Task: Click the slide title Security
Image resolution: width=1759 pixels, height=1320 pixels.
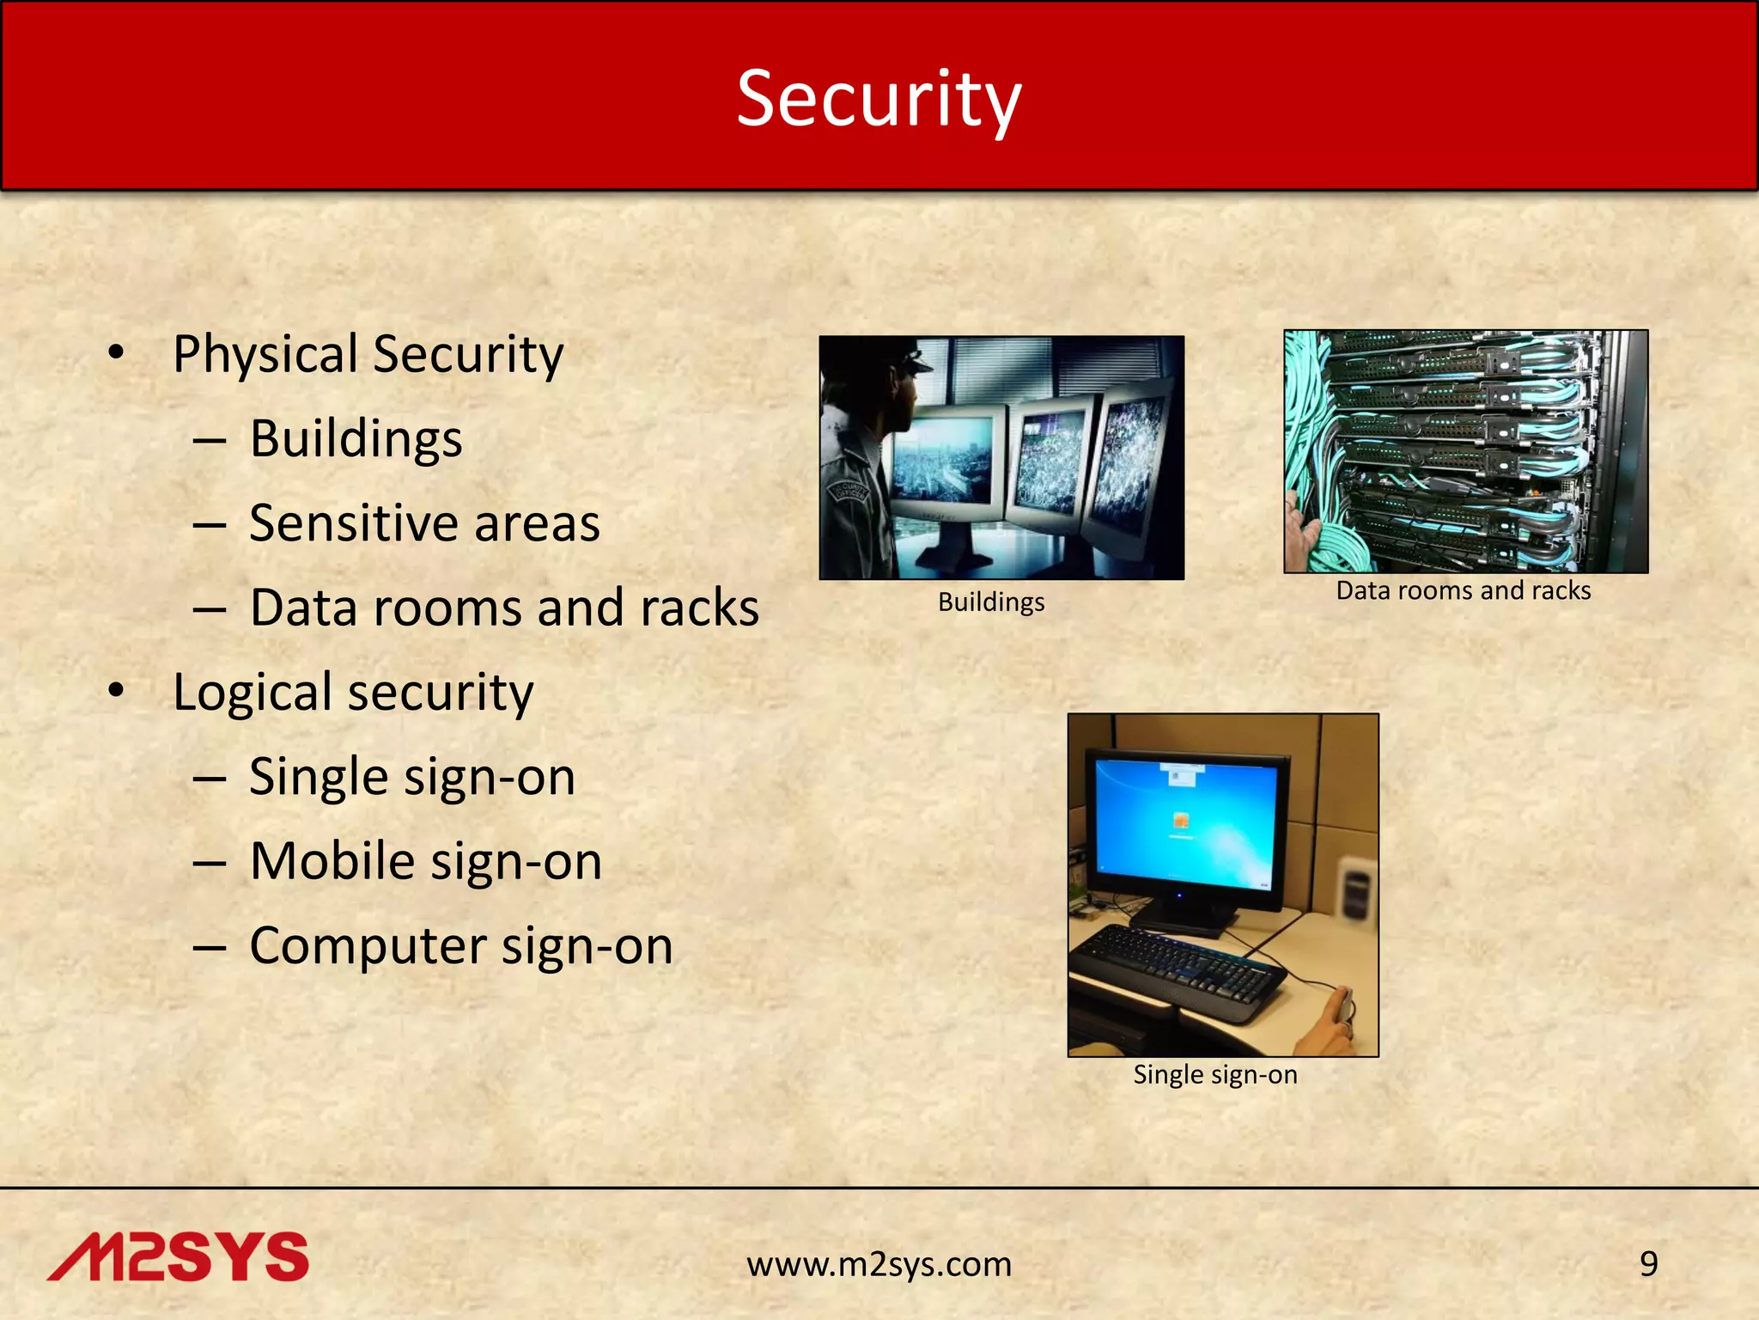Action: click(879, 99)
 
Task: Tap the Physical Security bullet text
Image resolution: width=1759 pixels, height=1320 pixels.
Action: click(368, 354)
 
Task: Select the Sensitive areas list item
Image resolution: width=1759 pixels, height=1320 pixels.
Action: click(424, 523)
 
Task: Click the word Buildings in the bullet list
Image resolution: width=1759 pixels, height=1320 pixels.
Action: click(356, 439)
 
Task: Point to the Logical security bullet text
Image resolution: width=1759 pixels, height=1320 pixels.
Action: click(353, 693)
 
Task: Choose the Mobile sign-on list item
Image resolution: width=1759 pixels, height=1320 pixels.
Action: click(426, 861)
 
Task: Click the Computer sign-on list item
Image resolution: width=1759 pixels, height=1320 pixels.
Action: click(461, 946)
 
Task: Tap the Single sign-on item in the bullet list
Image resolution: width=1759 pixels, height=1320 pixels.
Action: click(412, 777)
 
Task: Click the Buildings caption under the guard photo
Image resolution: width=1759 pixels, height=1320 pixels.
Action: click(991, 602)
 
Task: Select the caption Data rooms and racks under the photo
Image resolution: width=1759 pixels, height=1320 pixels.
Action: click(1464, 590)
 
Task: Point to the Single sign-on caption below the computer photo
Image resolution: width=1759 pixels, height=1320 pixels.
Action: click(1215, 1074)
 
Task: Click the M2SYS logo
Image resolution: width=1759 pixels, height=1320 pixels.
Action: click(178, 1257)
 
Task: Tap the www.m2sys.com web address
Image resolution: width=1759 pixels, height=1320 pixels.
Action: click(879, 1264)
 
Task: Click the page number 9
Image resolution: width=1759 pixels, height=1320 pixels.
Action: click(1648, 1264)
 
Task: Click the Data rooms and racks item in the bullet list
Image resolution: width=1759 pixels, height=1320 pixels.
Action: click(504, 608)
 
